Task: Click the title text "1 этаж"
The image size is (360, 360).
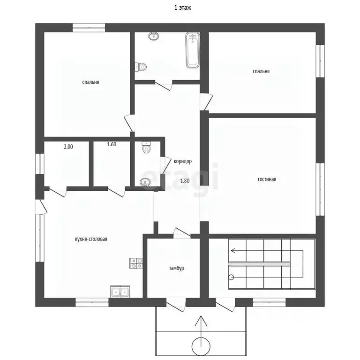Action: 182,8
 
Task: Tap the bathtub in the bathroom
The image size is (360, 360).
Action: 192,50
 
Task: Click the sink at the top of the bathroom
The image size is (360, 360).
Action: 154,36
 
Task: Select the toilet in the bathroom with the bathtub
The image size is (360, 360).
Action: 141,67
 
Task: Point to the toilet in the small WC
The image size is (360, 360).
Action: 146,147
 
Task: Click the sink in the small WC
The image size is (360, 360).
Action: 145,182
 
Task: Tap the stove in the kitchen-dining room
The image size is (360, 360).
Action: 136,263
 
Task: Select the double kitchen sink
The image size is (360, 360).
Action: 120,292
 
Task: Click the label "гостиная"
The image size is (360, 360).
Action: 267,180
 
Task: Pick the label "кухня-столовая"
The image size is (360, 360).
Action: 91,239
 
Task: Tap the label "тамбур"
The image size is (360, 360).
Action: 176,269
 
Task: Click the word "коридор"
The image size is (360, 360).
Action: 182,161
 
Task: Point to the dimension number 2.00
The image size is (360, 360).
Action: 68,147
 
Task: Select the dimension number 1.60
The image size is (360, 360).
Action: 112,144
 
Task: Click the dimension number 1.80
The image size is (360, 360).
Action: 185,181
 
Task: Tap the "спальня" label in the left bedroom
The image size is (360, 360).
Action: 90,82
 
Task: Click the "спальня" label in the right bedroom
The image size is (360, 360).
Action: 261,71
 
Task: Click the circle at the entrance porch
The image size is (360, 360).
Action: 201,346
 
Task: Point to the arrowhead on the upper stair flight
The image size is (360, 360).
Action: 233,250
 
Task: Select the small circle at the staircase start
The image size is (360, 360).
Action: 231,277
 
